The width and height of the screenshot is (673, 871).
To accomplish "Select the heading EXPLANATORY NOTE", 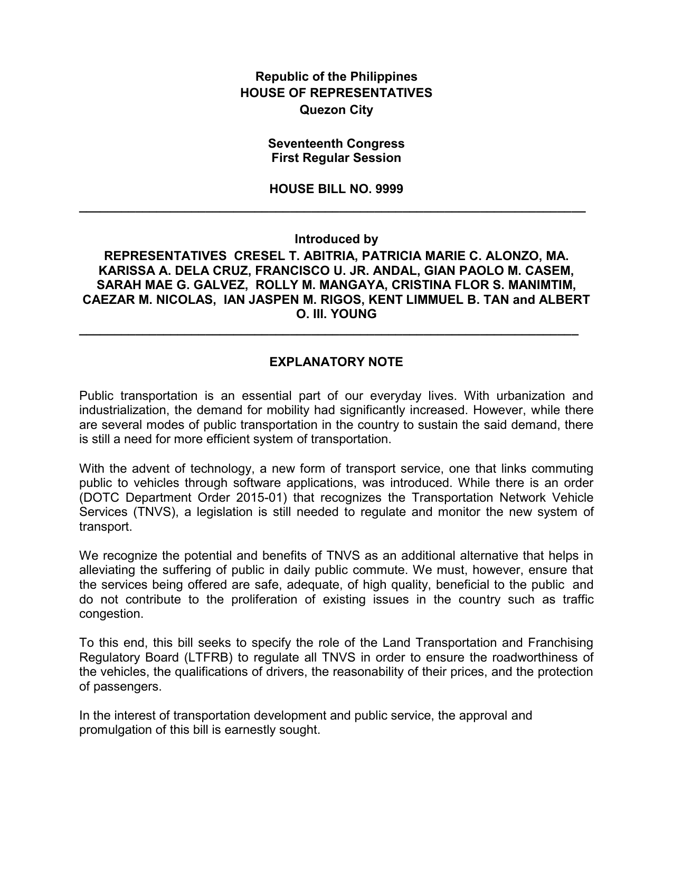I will [336, 362].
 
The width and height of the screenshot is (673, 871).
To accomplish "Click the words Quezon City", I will [336, 110].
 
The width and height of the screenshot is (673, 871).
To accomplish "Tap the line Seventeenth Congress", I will [336, 143].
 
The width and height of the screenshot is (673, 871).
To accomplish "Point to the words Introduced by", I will [336, 239].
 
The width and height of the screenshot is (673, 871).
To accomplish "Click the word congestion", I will [111, 614].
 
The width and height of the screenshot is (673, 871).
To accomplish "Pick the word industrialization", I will [122, 410].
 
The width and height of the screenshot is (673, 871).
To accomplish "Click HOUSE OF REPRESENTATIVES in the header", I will [336, 93].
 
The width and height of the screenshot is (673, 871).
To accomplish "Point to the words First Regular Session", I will [336, 158].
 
